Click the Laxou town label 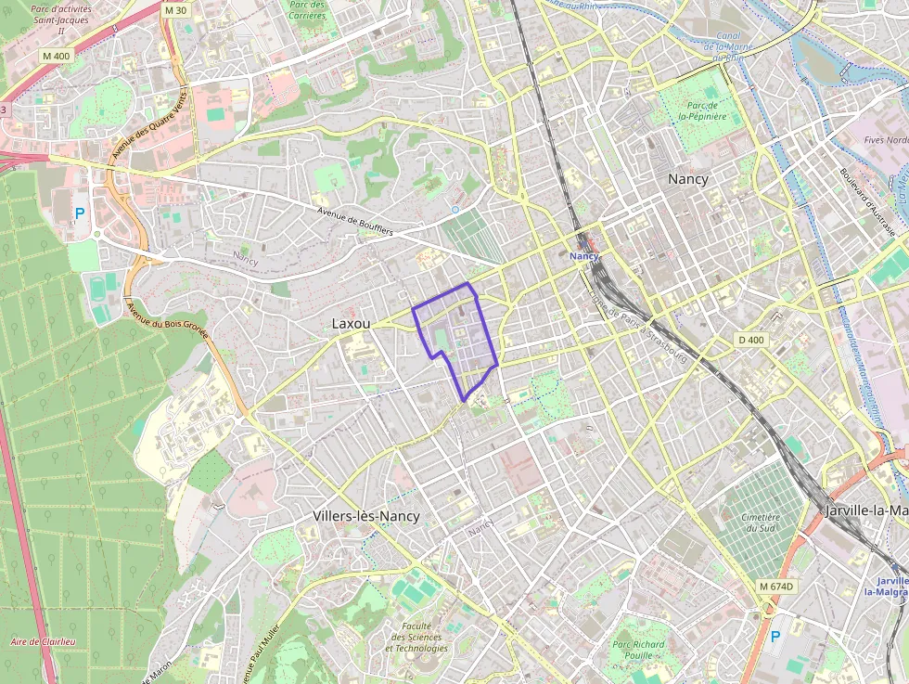[351, 324]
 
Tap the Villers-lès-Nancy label [365, 516]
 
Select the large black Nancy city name [687, 179]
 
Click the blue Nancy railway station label [584, 255]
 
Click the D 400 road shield [751, 341]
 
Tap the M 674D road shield [775, 587]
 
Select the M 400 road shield [56, 57]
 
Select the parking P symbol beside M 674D [775, 638]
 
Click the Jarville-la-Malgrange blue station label [886, 586]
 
